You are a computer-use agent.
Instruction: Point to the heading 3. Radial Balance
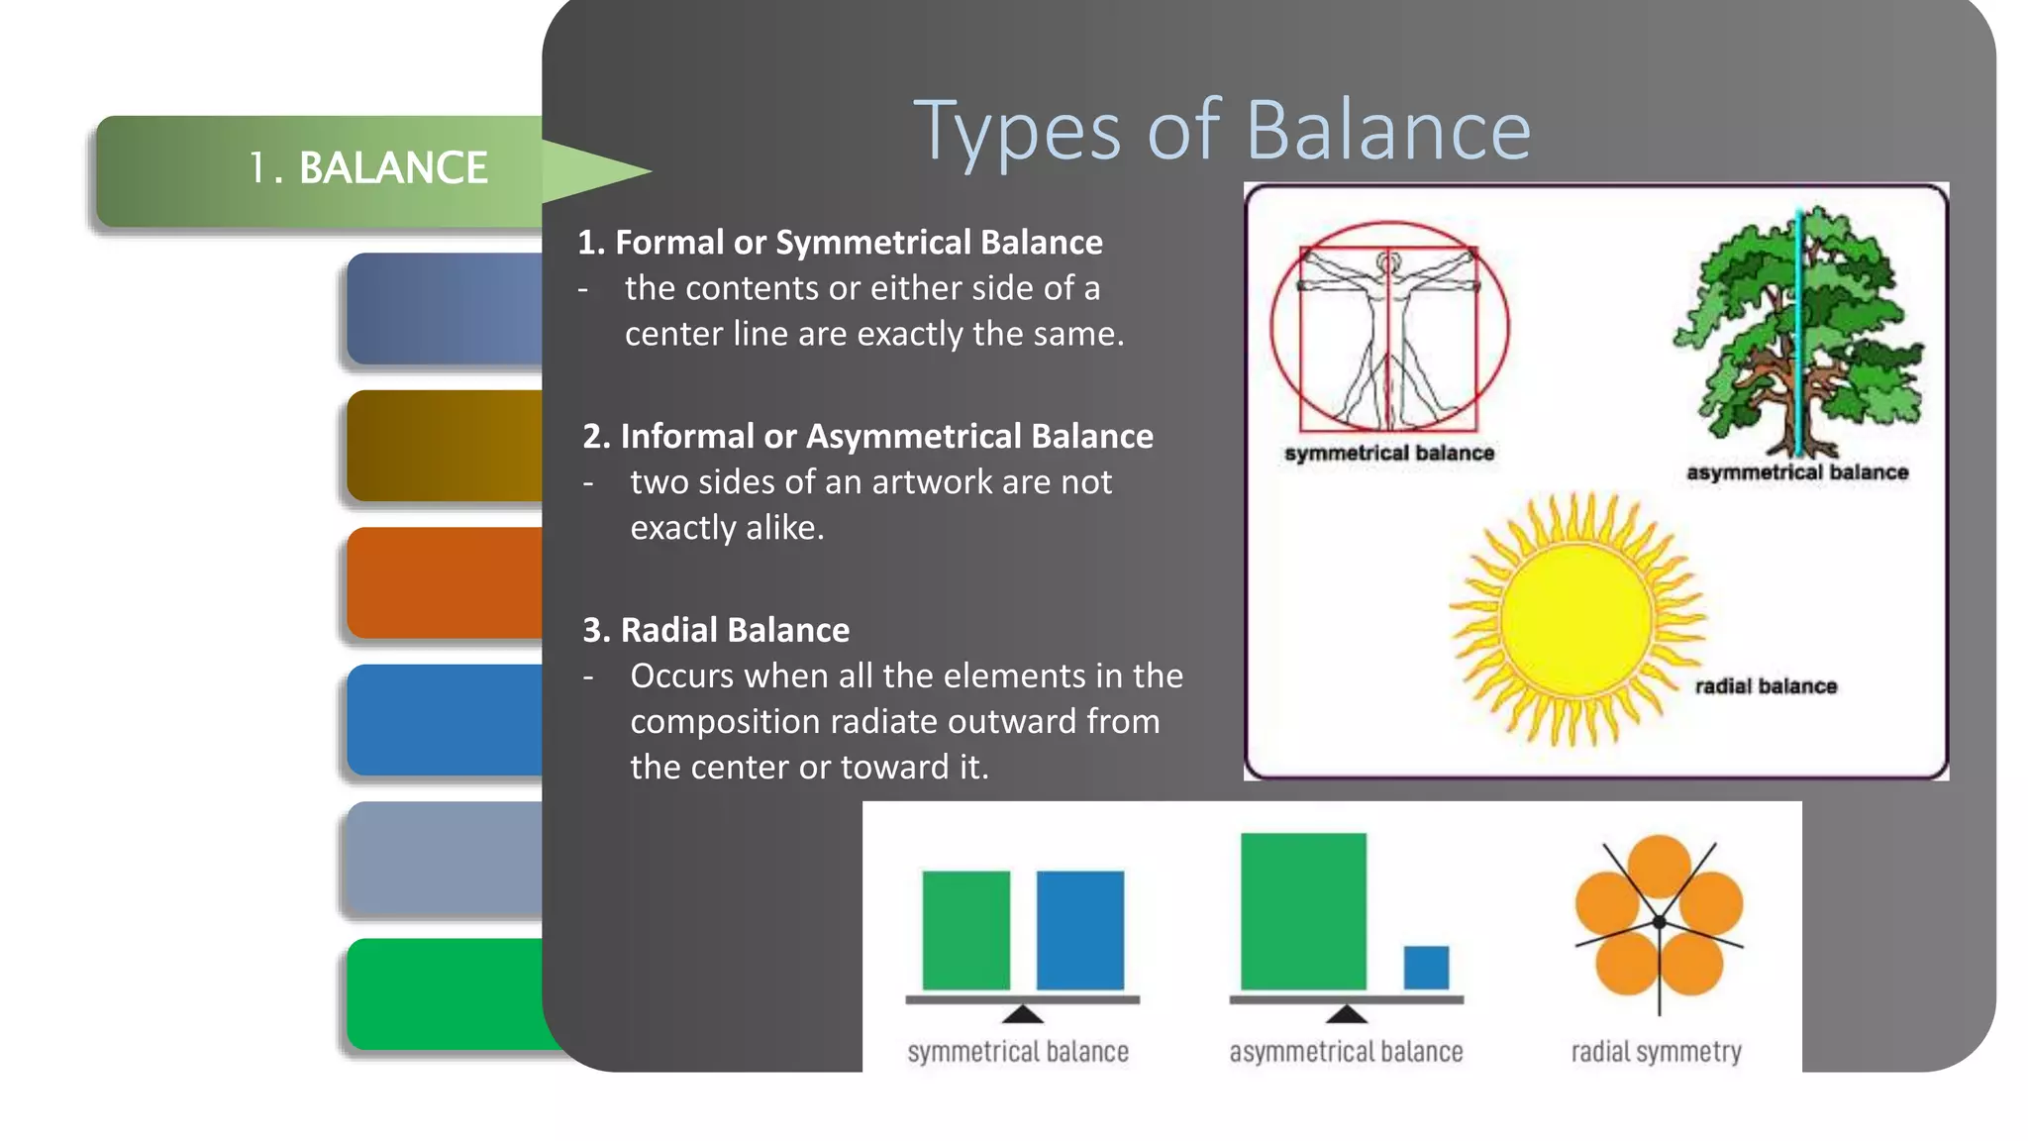click(x=715, y=631)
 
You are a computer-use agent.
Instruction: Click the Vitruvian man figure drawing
click(x=1388, y=337)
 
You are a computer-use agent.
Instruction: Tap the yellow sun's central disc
click(x=1576, y=619)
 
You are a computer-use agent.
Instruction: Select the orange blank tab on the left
click(x=445, y=582)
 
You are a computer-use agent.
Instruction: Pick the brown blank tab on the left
click(x=445, y=446)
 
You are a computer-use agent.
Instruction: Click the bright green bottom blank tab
click(x=445, y=993)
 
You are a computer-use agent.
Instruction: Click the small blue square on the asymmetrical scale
click(x=1426, y=967)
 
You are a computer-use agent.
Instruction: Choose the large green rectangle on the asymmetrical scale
click(x=1303, y=911)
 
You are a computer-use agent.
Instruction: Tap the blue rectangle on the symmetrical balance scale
click(x=1079, y=930)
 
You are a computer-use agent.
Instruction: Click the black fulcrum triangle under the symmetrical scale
click(x=1023, y=1014)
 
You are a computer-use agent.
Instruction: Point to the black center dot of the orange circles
click(x=1660, y=922)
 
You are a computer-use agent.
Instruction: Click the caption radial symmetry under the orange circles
click(x=1656, y=1052)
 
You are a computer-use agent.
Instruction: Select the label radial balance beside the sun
click(x=1765, y=686)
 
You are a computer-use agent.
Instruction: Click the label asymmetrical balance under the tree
click(x=1796, y=472)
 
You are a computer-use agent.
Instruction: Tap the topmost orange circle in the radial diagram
click(x=1660, y=864)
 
